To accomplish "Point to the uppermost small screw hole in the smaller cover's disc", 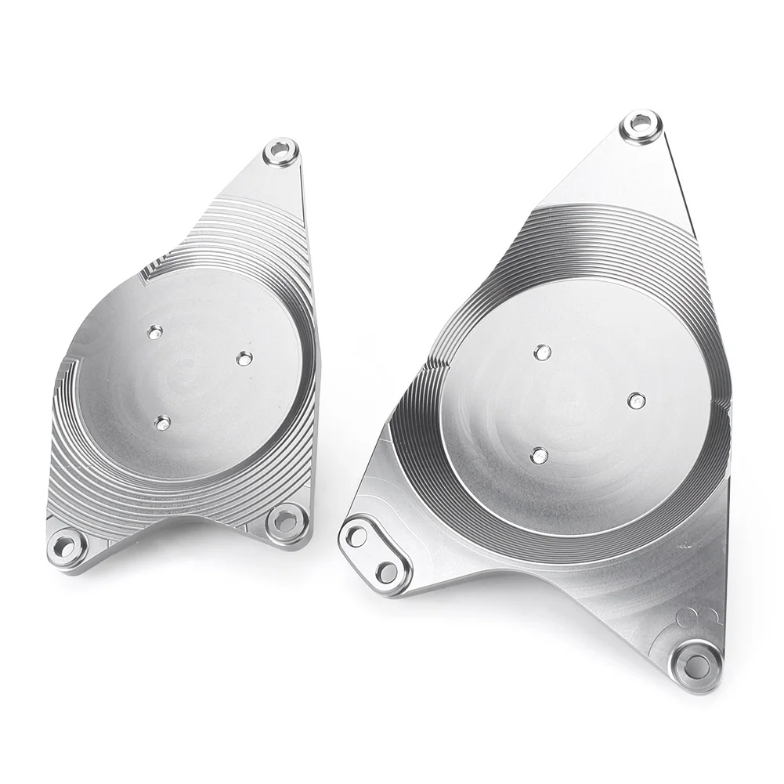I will point(155,332).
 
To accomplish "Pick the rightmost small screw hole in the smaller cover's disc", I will point(244,358).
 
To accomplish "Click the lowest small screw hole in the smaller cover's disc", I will point(162,423).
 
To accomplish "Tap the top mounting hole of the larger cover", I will point(641,124).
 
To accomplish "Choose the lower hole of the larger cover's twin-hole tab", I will point(387,572).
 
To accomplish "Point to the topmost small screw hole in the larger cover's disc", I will point(542,352).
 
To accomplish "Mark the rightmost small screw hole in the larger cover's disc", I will point(637,400).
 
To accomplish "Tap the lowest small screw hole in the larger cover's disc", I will point(539,455).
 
